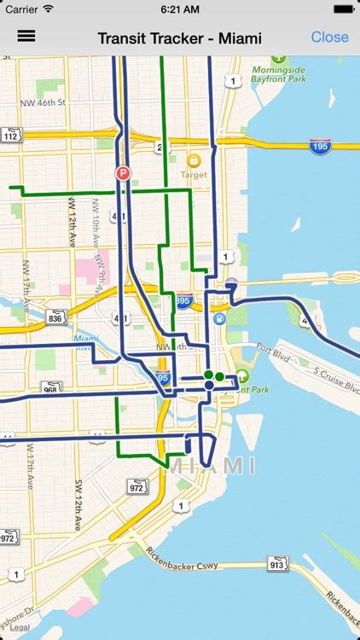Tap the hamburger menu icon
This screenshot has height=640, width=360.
[x=26, y=37]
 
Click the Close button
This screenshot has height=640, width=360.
[x=329, y=37]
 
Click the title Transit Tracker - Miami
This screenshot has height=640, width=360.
[x=179, y=38]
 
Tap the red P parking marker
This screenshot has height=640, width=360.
[x=123, y=173]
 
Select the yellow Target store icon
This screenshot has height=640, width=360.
[x=194, y=160]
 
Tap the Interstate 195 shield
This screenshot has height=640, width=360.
[x=321, y=145]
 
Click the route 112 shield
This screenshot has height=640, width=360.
[x=10, y=136]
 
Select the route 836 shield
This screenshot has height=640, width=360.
[x=56, y=317]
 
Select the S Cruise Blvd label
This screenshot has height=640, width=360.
[x=327, y=378]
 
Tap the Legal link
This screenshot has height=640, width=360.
[x=20, y=627]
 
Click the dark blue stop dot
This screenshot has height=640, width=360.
[x=208, y=386]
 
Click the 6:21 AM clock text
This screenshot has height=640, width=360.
[x=179, y=9]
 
